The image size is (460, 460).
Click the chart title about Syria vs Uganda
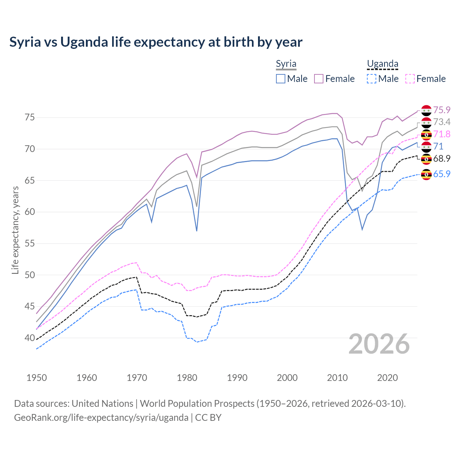(156, 42)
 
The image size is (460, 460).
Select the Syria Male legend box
(281, 79)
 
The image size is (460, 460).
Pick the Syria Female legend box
(319, 79)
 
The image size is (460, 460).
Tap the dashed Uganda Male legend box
(372, 79)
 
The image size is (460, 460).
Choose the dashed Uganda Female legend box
(410, 79)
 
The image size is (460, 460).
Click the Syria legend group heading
(286, 64)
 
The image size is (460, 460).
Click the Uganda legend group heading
(382, 64)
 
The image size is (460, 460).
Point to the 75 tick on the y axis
(30, 118)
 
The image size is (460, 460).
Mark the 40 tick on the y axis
(30, 338)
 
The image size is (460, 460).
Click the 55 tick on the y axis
(30, 244)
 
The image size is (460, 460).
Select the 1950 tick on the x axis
(37, 378)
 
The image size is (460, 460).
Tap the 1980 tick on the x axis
(187, 378)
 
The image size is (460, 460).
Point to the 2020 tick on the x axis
(387, 378)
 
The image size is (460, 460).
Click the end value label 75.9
(442, 110)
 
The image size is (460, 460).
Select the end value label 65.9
(442, 174)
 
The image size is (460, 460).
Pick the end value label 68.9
(442, 158)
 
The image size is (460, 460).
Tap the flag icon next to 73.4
(426, 123)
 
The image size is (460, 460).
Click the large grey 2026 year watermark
(379, 344)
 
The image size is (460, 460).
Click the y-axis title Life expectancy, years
(15, 230)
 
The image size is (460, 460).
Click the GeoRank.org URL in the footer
(101, 418)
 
